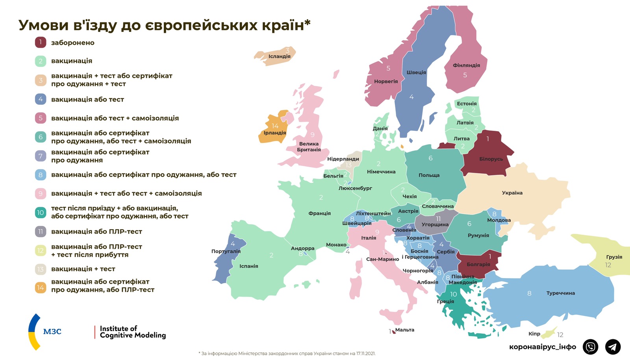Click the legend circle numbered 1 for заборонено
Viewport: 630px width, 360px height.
click(41, 42)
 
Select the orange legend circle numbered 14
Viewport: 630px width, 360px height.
click(41, 288)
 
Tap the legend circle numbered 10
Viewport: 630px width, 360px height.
click(41, 213)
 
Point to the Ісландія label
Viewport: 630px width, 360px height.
click(279, 56)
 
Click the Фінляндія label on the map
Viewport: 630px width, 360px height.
click(466, 65)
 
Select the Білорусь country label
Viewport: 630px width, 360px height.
click(491, 159)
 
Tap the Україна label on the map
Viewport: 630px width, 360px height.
click(512, 193)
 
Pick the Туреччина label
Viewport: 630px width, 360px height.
click(560, 293)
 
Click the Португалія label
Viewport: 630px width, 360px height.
click(226, 251)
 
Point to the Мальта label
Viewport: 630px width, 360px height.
click(404, 330)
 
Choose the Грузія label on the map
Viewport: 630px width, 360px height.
click(614, 257)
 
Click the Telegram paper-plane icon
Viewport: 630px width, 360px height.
click(612, 347)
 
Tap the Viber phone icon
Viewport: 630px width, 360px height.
click(590, 347)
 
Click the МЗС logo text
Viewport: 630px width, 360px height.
click(52, 332)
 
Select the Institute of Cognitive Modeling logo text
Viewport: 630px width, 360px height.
click(132, 332)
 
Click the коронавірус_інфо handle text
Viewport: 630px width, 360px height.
click(542, 347)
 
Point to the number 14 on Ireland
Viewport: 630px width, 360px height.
click(275, 126)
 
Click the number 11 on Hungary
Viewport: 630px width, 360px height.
click(438, 219)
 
